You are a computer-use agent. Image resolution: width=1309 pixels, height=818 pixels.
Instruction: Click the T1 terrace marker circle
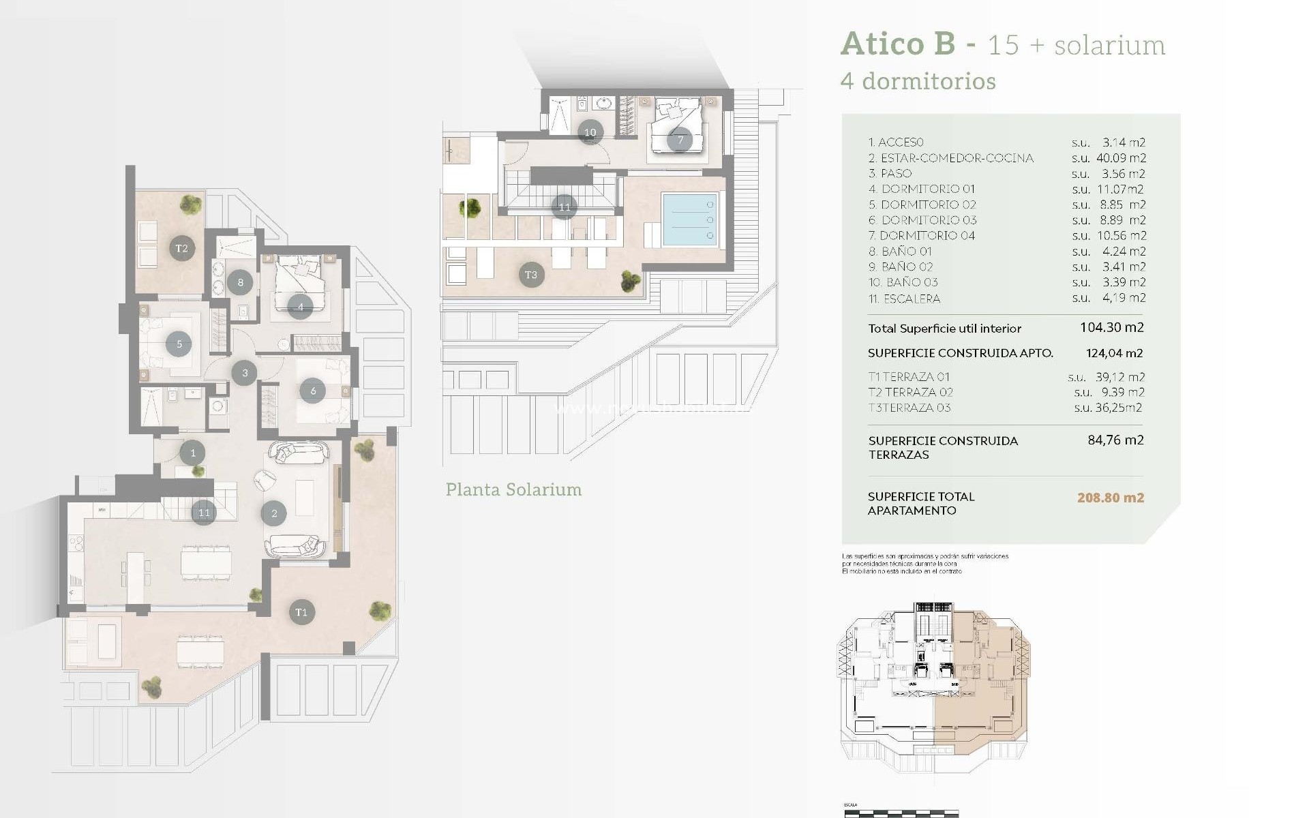click(301, 612)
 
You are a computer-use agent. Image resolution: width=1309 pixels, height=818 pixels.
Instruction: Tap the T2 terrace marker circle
click(181, 248)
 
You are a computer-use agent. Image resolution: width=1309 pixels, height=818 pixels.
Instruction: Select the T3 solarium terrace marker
click(531, 275)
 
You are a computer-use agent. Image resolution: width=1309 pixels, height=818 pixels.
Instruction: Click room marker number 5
click(179, 344)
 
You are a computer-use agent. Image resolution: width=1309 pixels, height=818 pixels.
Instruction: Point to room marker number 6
click(313, 391)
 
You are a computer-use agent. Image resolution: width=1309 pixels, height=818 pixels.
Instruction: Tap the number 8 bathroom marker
click(240, 282)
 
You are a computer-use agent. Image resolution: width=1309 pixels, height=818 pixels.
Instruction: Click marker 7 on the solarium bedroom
click(680, 140)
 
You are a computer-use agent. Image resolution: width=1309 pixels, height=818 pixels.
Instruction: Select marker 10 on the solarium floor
click(590, 132)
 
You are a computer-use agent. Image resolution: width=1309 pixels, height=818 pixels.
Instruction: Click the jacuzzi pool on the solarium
click(689, 219)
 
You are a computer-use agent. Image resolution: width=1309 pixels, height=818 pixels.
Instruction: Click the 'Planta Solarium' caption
click(513, 489)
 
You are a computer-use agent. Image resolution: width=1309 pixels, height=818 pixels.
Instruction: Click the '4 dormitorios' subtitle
click(918, 81)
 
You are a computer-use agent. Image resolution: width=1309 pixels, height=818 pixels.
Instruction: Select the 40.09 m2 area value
click(1121, 158)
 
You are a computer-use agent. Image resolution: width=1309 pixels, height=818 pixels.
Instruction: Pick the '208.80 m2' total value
click(1110, 498)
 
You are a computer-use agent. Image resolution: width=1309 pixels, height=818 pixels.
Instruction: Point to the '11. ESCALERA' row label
click(904, 299)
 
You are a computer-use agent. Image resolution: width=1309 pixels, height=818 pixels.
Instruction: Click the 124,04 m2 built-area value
click(1114, 353)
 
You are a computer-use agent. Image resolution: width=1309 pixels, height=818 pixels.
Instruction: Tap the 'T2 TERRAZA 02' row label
click(910, 392)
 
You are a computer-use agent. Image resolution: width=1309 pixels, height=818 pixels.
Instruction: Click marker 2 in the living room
click(274, 513)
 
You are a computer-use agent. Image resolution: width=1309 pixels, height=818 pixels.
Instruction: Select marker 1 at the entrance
click(193, 453)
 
